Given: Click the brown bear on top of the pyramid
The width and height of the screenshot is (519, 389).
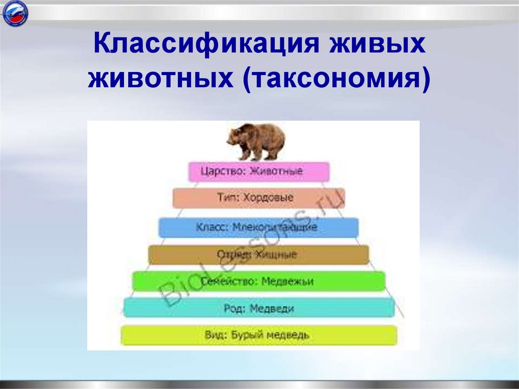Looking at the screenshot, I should pyautogui.click(x=256, y=141).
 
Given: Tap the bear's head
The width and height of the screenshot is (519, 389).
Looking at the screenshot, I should pyautogui.click(x=234, y=136).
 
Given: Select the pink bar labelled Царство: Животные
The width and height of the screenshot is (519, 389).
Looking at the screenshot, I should pyautogui.click(x=259, y=171).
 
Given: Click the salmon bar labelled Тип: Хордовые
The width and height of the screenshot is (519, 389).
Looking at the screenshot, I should pyautogui.click(x=258, y=198).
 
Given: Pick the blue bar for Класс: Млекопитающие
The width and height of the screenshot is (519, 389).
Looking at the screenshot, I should pyautogui.click(x=258, y=227).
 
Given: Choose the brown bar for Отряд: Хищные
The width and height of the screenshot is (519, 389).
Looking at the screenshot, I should pyautogui.click(x=258, y=254).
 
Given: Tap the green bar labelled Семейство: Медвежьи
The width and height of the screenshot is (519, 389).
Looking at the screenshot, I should pyautogui.click(x=258, y=281).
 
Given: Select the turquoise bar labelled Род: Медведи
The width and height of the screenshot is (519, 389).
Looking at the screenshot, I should pyautogui.click(x=258, y=308).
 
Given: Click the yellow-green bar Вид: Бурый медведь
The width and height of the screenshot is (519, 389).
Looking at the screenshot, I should pyautogui.click(x=258, y=335).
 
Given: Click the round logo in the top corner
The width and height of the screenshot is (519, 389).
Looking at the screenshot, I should pyautogui.click(x=15, y=14).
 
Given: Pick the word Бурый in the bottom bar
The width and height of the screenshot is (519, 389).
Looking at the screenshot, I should pyautogui.click(x=249, y=335).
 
